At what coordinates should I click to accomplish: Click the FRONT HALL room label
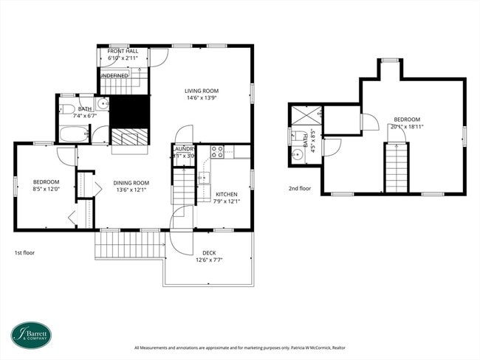tap(123, 52)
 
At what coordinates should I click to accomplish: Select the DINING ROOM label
tap(131, 183)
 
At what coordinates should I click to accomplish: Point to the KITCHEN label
tap(226, 194)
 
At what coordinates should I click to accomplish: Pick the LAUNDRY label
tap(183, 149)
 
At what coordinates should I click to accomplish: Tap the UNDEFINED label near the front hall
tap(114, 75)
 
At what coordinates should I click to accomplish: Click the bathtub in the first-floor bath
tap(72, 135)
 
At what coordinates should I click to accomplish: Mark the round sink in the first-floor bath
tap(103, 103)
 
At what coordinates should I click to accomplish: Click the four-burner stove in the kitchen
tap(218, 152)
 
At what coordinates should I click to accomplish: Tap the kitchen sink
tap(205, 177)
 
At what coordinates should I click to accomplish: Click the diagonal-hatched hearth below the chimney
tap(129, 137)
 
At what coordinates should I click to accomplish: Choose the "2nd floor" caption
tap(299, 188)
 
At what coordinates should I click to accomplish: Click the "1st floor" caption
tap(24, 252)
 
